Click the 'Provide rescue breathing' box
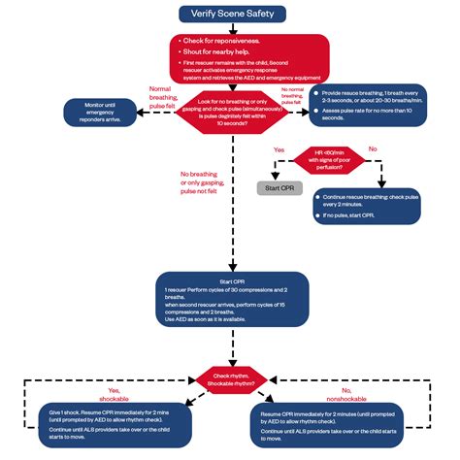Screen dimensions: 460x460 click(x=369, y=114)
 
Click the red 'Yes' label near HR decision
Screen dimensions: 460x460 click(x=279, y=149)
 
